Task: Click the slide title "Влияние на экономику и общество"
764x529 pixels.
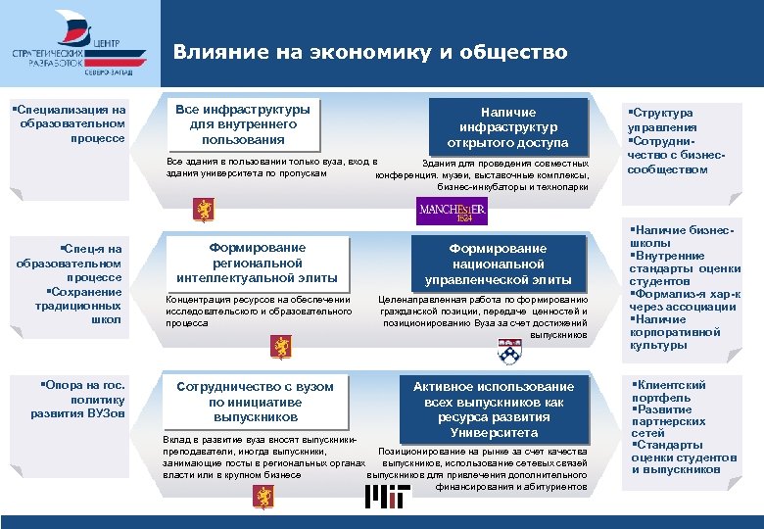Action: [370, 52]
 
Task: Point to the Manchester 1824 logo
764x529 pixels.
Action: [452, 212]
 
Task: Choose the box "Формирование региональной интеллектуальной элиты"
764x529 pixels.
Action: [258, 263]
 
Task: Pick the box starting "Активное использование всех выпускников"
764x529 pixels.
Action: [494, 409]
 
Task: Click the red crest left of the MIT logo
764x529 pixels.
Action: [262, 497]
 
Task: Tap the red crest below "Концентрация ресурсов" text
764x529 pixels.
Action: [281, 348]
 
